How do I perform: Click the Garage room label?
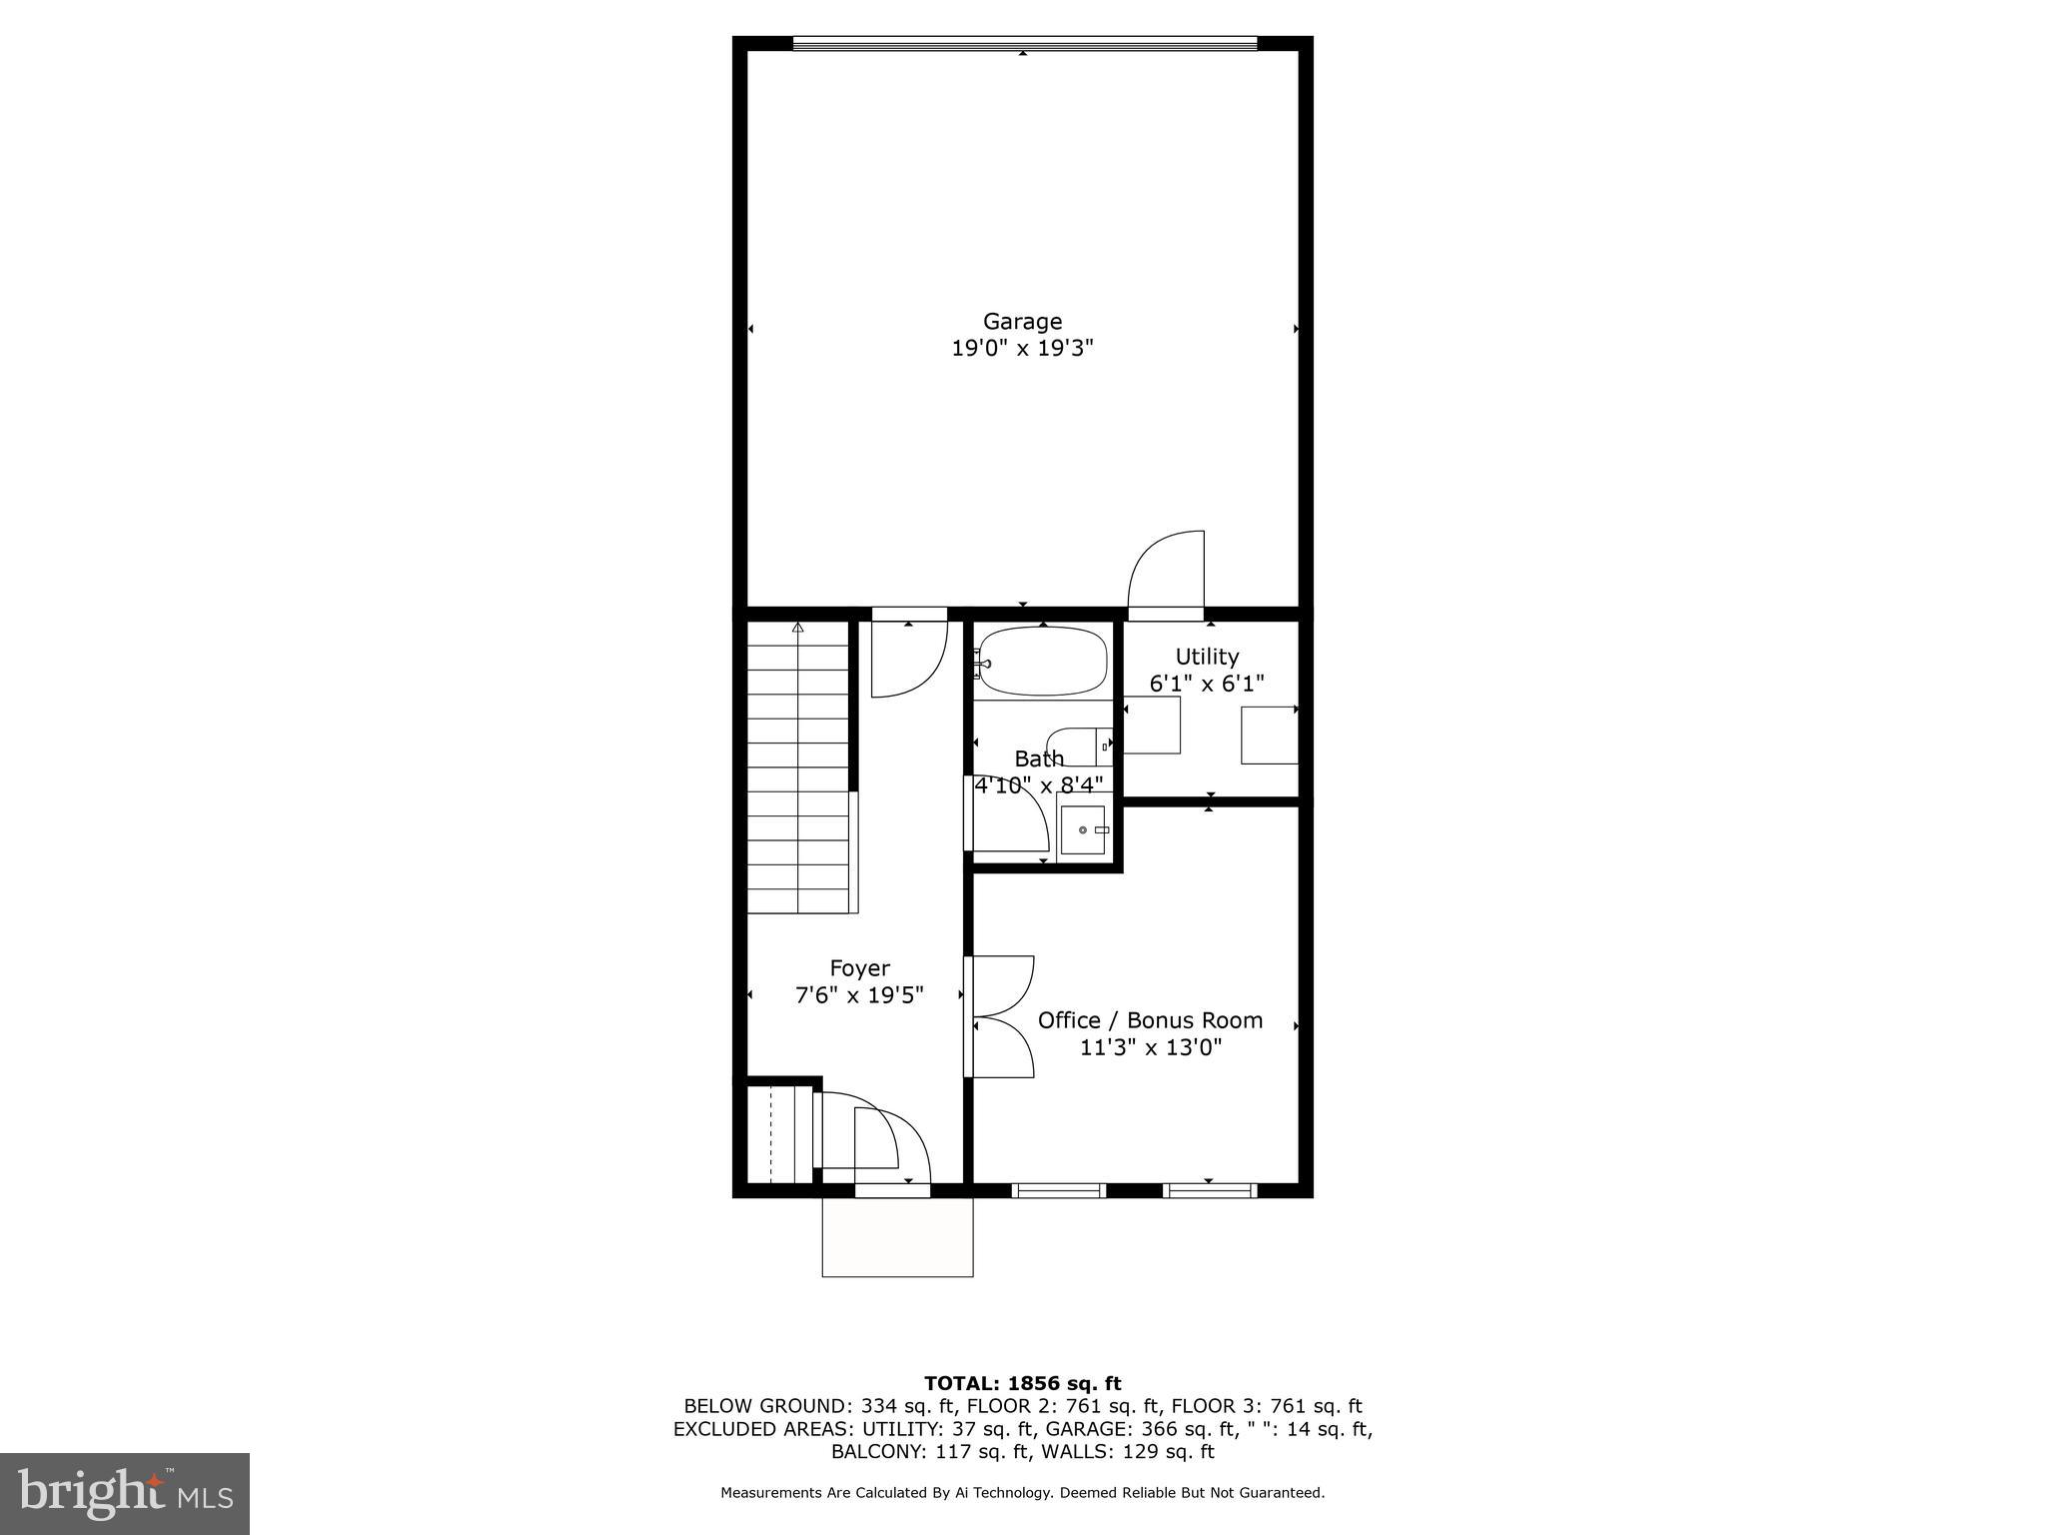click(x=1022, y=321)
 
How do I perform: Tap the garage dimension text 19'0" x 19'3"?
click(x=1022, y=349)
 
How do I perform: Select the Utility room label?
click(x=1207, y=657)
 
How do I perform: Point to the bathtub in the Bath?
click(x=1043, y=661)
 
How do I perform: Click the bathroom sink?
click(x=1083, y=829)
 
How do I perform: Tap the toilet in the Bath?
click(x=1077, y=746)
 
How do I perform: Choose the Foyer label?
click(x=859, y=968)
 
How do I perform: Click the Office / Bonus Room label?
click(x=1150, y=1020)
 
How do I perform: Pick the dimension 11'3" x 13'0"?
click(x=1151, y=1047)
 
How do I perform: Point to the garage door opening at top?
click(x=1024, y=43)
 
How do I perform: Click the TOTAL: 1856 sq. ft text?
click(x=1022, y=1383)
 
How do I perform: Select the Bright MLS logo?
click(x=125, y=1494)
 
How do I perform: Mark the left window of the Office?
click(x=1059, y=1189)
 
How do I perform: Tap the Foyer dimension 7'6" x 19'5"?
click(x=859, y=995)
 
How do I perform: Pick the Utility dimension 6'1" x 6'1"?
click(x=1207, y=684)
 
